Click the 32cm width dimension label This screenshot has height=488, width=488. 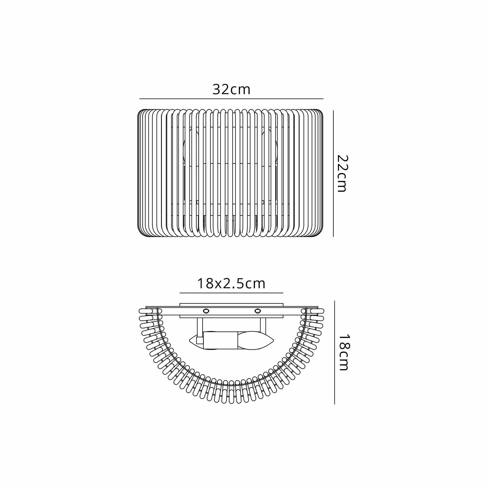(231, 89)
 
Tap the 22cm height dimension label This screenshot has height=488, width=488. (343, 173)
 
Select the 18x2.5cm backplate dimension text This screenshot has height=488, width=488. (231, 284)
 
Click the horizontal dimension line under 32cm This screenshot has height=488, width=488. (231, 99)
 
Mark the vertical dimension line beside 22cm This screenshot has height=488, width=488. (333, 173)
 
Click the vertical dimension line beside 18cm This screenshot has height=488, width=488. (335, 352)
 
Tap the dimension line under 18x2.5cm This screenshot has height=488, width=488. (231, 293)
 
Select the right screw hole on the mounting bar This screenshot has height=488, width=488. (257, 310)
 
